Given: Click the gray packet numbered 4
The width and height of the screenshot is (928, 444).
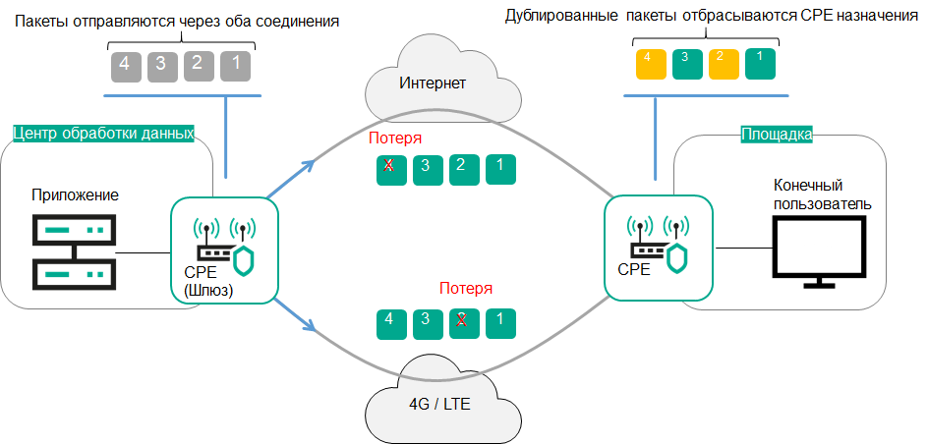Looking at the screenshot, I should tap(123, 66).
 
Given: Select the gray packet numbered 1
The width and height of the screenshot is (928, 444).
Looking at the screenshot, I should tap(235, 66).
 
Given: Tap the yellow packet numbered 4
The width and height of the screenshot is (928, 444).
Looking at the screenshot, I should tap(648, 64).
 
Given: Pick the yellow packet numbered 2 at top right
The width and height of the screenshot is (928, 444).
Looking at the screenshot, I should tap(724, 64).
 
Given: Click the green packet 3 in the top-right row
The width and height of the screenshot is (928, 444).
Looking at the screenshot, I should tap(685, 64).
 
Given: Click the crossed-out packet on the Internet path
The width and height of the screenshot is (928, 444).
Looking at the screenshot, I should tap(390, 168).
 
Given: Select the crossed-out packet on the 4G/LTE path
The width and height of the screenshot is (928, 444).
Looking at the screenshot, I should tap(464, 323).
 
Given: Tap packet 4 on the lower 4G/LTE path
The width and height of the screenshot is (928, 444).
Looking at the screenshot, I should tap(390, 323).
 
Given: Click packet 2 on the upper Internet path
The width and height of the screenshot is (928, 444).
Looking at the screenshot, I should tap(464, 168).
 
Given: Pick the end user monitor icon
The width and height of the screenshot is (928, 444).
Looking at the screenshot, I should tap(819, 251).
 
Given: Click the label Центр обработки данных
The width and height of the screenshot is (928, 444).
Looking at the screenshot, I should tap(103, 133).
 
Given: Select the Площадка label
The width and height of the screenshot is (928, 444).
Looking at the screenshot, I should tap(776, 135).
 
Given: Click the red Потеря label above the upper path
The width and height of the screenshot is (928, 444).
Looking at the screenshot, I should tap(395, 139).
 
